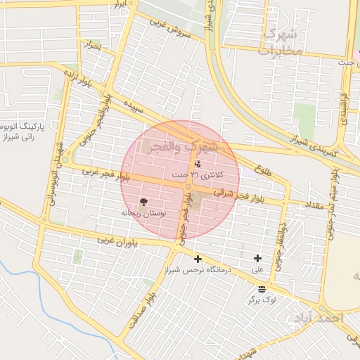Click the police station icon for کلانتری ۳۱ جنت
point(197,164)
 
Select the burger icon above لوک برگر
point(262,289)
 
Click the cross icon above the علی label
point(258,259)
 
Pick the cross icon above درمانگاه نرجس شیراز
point(198,259)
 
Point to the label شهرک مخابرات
point(281,42)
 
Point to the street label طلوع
point(259,168)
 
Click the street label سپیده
point(137,108)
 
